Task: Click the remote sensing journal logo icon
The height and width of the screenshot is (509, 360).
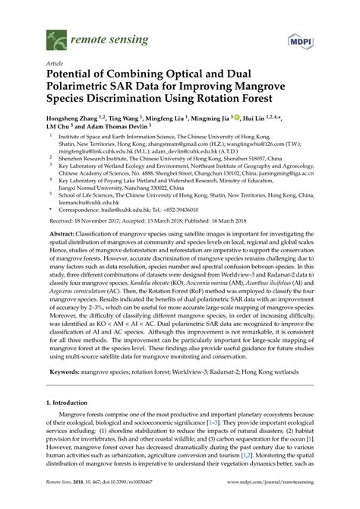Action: coord(53,35)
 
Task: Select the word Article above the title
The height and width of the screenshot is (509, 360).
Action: coord(55,63)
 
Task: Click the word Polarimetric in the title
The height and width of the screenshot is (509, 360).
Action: coord(82,88)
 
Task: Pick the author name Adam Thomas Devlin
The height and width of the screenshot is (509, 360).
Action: coord(115,129)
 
